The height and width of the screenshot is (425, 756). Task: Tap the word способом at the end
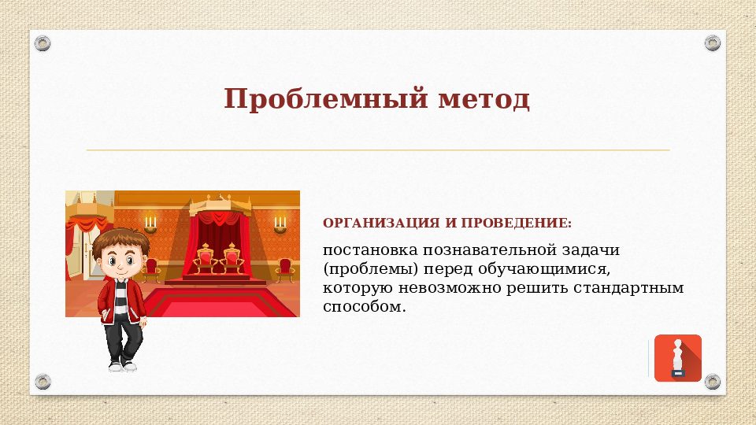tap(364, 307)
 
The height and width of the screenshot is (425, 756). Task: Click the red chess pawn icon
tap(677, 358)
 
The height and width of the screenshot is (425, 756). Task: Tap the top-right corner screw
tap(713, 42)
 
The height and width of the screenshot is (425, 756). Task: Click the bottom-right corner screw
tap(713, 382)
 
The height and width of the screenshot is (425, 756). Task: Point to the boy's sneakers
tap(123, 365)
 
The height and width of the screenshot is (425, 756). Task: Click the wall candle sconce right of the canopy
tap(280, 224)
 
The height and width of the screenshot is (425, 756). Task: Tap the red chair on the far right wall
tap(285, 269)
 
